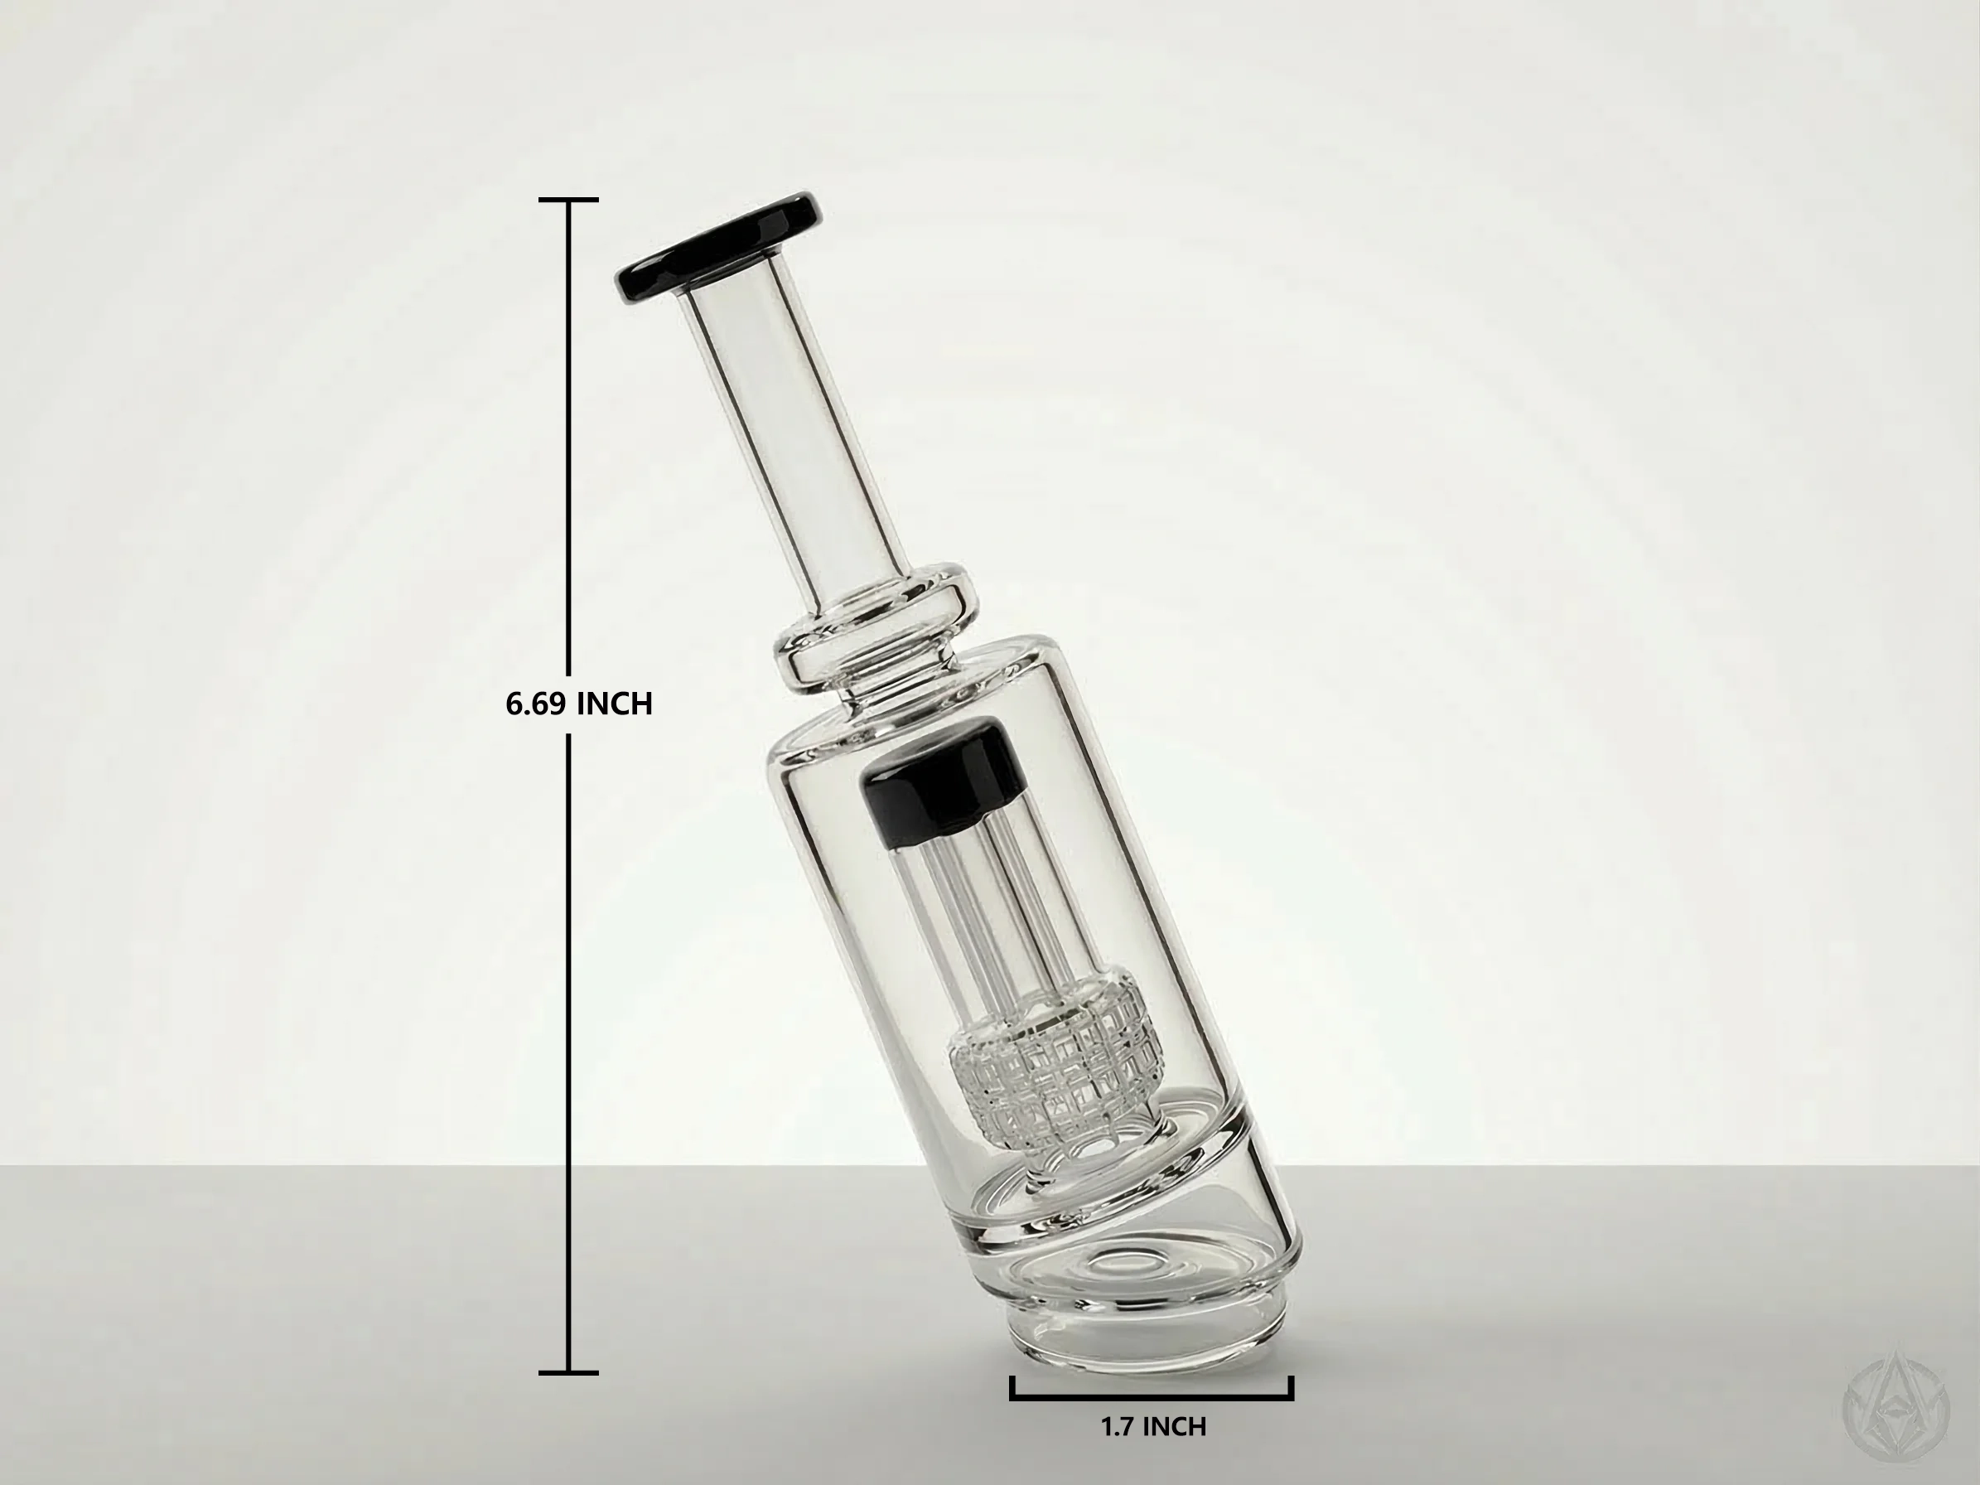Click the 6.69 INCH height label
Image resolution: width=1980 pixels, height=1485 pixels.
click(578, 704)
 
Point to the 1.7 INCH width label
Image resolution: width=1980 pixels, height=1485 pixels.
click(1153, 1427)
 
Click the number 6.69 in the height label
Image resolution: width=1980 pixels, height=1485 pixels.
click(534, 704)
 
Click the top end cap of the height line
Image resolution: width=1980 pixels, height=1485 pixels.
click(568, 199)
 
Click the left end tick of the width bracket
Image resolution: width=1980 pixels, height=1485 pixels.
click(1012, 1387)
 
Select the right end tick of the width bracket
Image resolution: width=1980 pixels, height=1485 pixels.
click(1292, 1387)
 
